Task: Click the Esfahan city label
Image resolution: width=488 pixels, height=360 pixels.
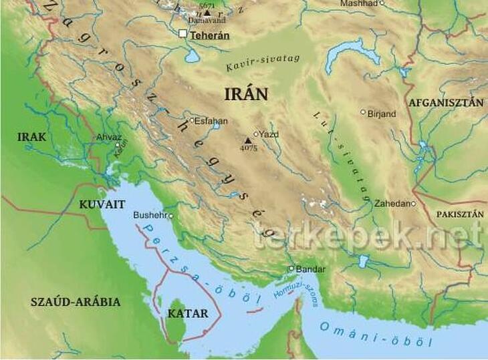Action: point(211,121)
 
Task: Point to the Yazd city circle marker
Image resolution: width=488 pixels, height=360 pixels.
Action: point(255,134)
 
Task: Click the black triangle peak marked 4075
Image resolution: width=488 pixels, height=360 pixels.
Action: point(248,140)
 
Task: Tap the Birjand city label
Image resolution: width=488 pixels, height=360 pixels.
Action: point(382,114)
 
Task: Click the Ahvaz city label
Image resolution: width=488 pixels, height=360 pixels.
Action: point(110,137)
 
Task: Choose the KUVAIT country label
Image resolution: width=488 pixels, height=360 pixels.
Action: point(102,204)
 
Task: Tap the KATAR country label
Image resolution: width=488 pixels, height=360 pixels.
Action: point(187,313)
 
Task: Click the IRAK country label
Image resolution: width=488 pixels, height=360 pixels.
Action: point(32,137)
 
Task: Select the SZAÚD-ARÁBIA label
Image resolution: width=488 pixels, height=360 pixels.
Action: point(76,302)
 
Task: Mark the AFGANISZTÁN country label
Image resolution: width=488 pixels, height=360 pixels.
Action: point(445,103)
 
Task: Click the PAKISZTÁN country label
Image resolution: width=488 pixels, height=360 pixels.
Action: point(459,214)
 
